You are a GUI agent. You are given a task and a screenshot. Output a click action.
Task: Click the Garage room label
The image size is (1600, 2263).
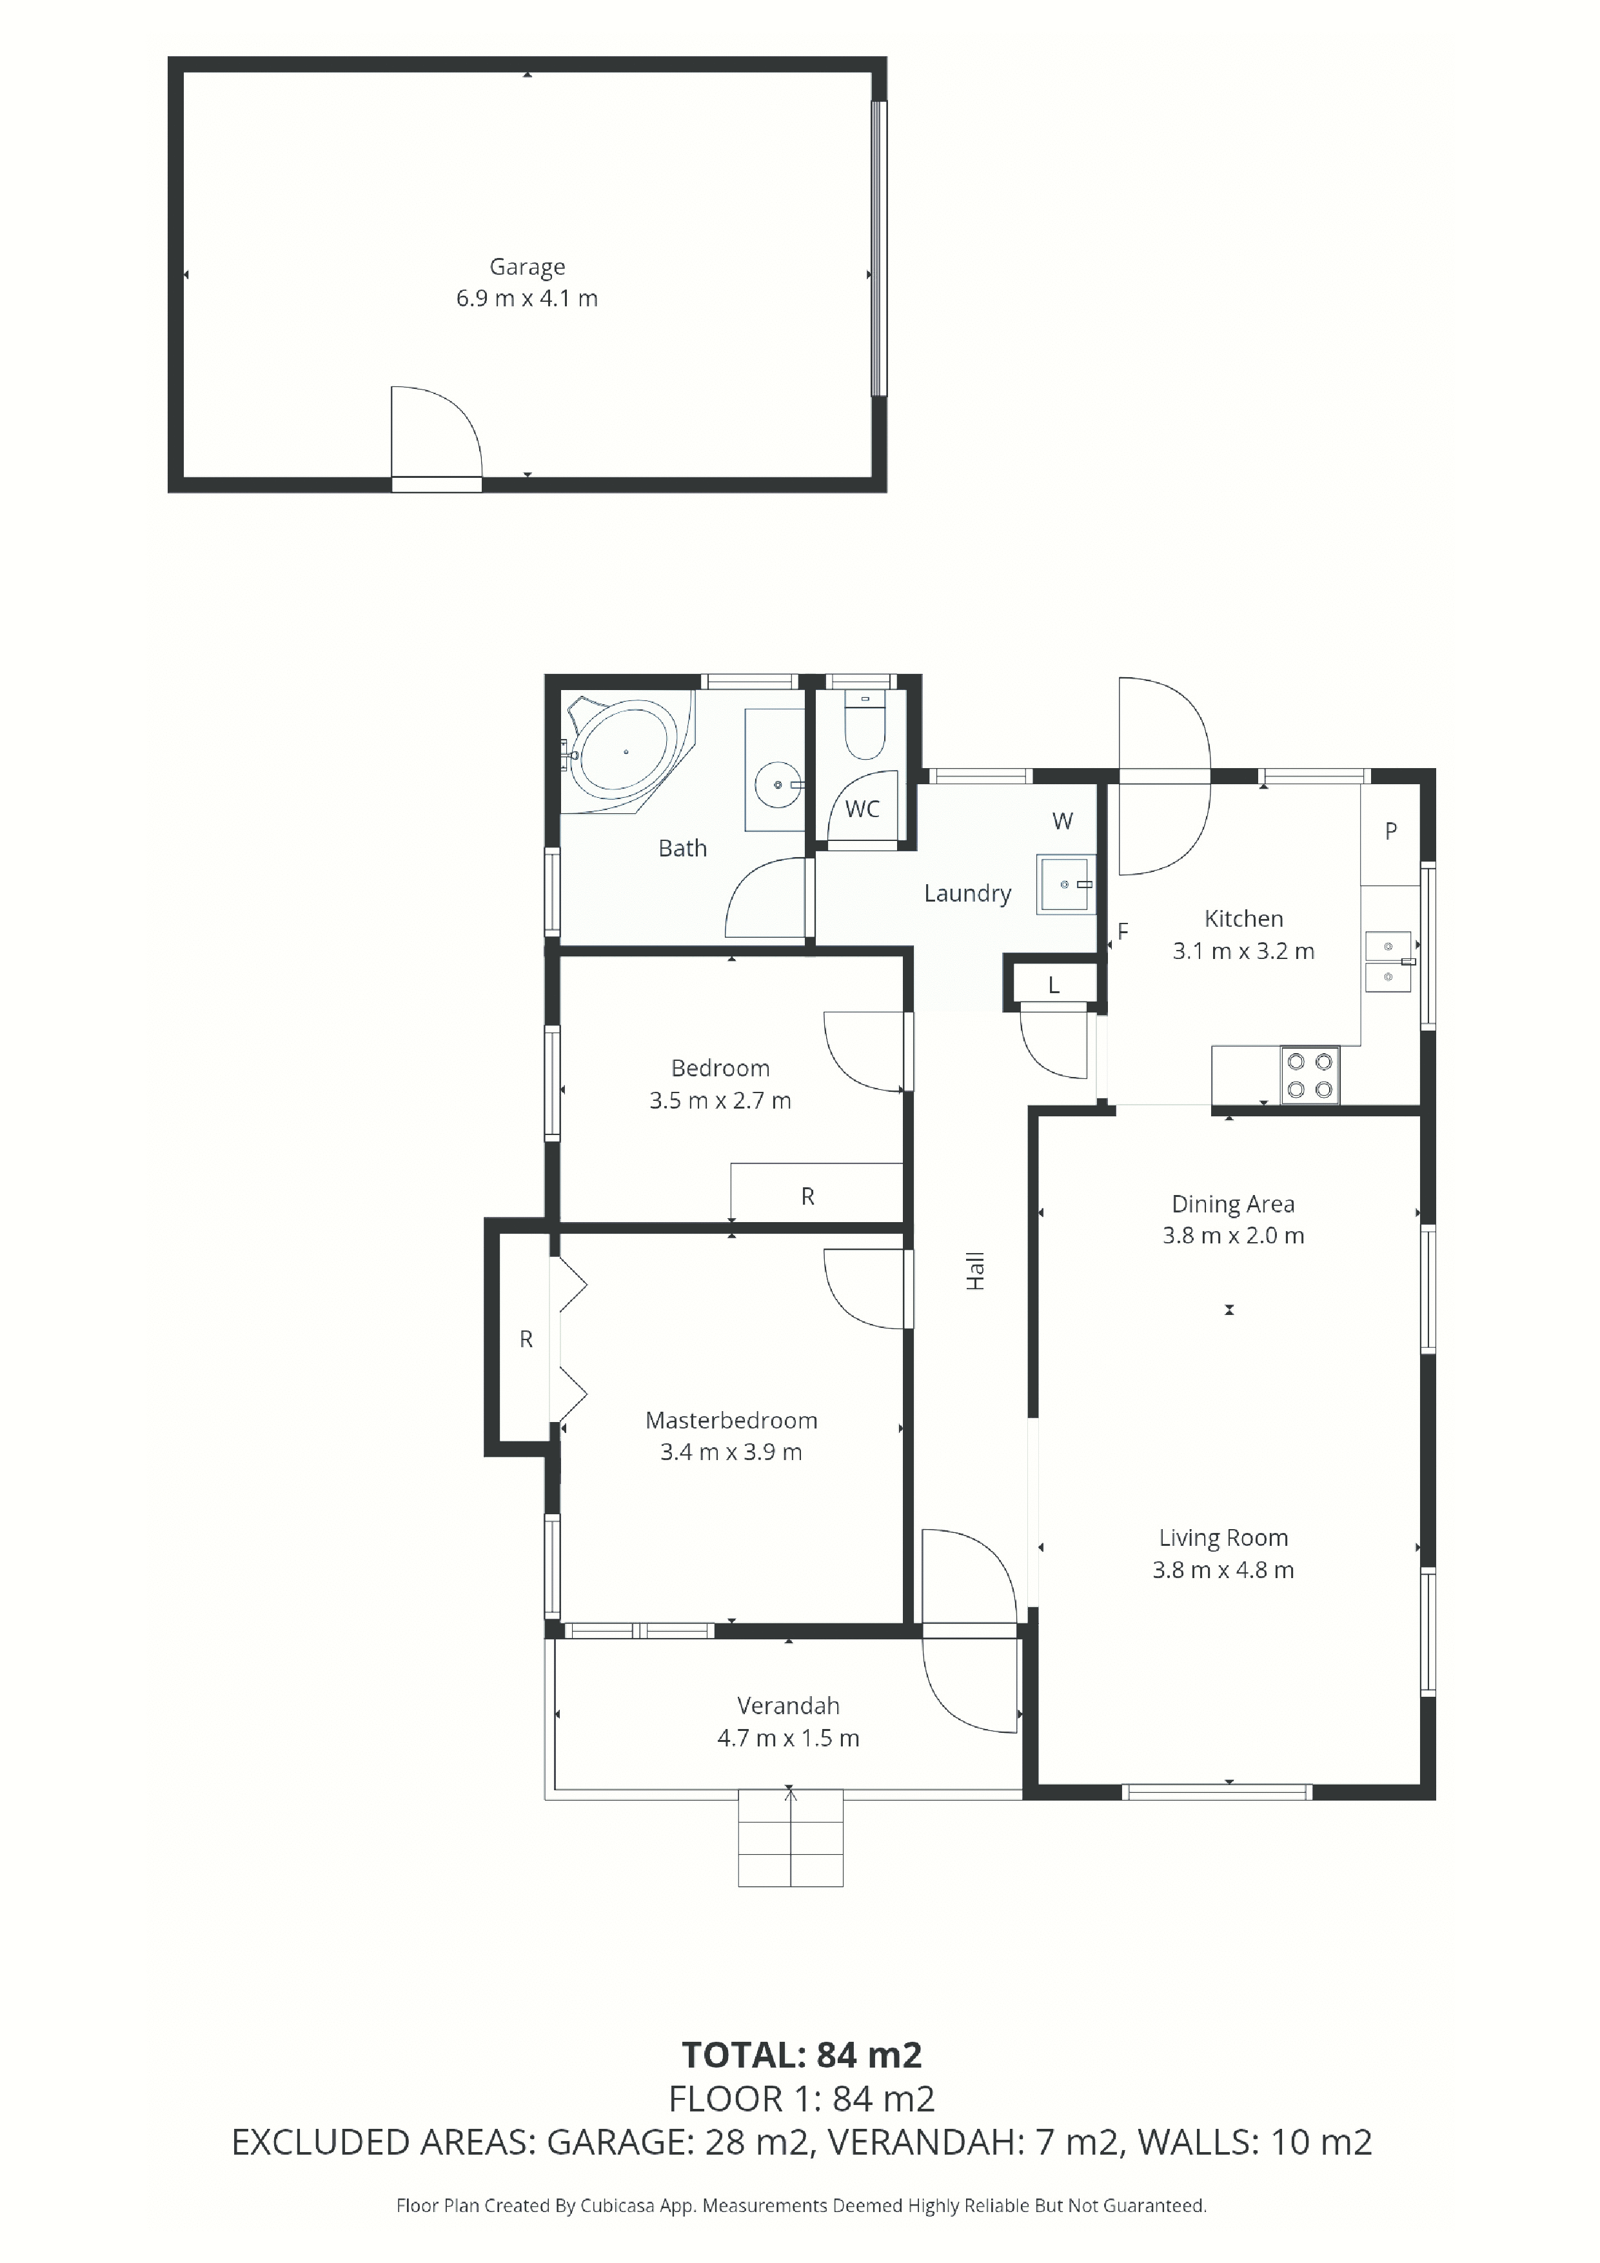528,267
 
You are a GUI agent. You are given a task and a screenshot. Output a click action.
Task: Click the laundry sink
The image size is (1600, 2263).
1065,884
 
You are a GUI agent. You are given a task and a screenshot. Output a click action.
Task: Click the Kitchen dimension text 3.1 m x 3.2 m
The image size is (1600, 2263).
1243,951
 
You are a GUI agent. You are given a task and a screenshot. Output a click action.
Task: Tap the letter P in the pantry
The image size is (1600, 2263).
1391,831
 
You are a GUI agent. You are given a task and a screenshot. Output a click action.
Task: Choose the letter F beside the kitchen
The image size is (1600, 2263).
1123,931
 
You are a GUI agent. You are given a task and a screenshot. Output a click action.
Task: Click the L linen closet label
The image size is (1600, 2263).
1054,985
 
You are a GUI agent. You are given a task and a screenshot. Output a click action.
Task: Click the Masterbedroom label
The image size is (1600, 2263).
731,1420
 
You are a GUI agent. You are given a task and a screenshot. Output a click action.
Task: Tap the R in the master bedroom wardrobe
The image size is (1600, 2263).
526,1339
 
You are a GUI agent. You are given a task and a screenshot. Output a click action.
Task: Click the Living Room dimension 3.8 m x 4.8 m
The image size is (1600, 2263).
1223,1570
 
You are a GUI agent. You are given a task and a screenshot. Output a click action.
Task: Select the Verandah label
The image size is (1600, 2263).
789,1705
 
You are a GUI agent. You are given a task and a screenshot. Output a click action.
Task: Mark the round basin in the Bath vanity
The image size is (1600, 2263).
779,785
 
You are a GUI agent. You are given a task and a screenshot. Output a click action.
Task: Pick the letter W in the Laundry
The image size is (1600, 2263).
1063,821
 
